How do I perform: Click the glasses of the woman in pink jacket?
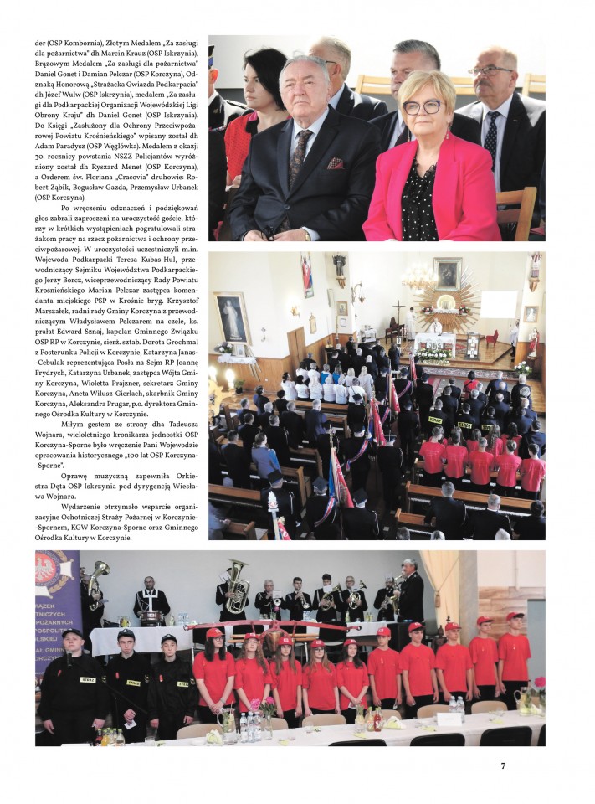coord(423,106)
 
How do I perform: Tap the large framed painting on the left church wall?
coord(231,317)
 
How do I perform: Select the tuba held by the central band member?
coord(237,585)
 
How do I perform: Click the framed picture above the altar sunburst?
coord(447,273)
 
